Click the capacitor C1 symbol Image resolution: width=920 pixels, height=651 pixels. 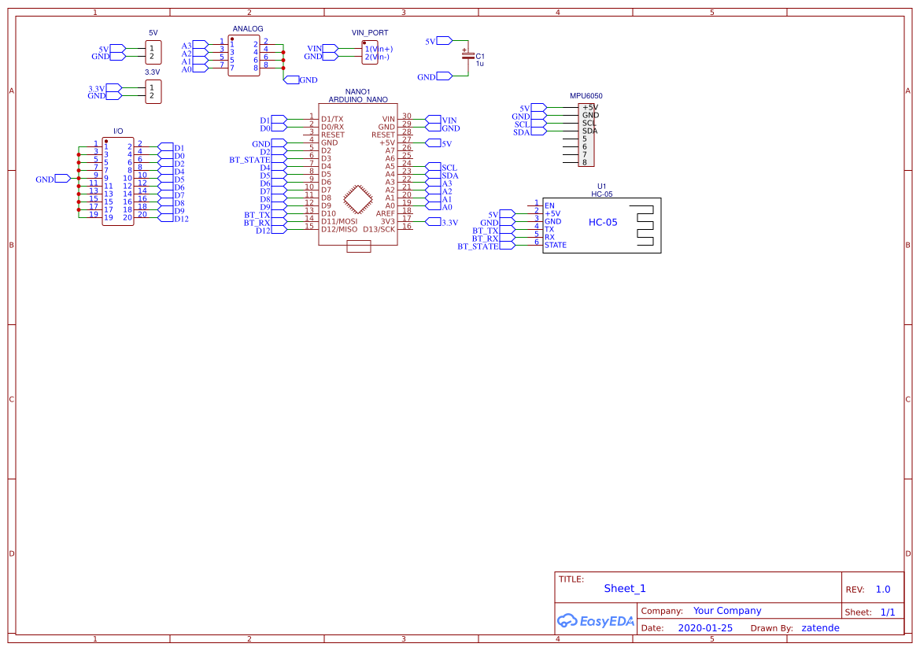(x=467, y=56)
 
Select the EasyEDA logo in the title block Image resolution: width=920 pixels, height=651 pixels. (x=596, y=620)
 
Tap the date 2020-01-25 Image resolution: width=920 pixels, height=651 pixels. (x=705, y=628)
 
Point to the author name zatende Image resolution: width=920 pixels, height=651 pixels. (x=820, y=628)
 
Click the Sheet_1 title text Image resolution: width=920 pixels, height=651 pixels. (x=625, y=589)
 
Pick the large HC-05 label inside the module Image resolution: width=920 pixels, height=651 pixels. (x=603, y=223)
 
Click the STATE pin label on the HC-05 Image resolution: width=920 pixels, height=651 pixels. (x=556, y=246)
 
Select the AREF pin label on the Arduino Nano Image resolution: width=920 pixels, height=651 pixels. (x=386, y=213)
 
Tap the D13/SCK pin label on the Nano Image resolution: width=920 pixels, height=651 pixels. (x=379, y=230)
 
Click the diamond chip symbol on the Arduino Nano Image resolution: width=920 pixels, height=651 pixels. (x=358, y=200)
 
